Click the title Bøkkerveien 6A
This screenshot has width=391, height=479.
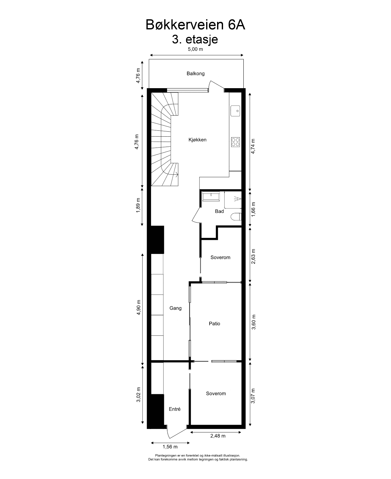pyautogui.click(x=195, y=25)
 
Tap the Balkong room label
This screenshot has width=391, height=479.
pyautogui.click(x=195, y=73)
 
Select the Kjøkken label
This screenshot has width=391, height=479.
pyautogui.click(x=197, y=140)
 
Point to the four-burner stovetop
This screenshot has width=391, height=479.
pyautogui.click(x=236, y=142)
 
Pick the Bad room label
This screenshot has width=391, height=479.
pyautogui.click(x=219, y=211)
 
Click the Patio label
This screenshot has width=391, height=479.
pyautogui.click(x=215, y=324)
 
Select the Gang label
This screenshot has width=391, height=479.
pyautogui.click(x=175, y=308)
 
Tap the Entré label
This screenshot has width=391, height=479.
pyautogui.click(x=175, y=409)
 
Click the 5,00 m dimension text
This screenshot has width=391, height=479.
pyautogui.click(x=195, y=49)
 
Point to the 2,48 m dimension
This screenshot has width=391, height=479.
pyautogui.click(x=217, y=436)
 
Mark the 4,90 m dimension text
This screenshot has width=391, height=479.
pyautogui.click(x=138, y=308)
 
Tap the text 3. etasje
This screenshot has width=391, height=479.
pyautogui.click(x=195, y=39)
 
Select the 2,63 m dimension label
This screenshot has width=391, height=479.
pyautogui.click(x=254, y=256)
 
